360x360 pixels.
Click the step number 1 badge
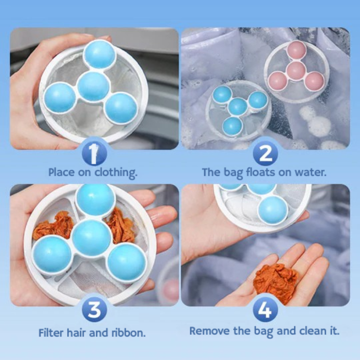pyautogui.click(x=94, y=154)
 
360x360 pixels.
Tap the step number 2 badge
pyautogui.click(x=265, y=154)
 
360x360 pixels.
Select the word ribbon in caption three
pyautogui.click(x=130, y=333)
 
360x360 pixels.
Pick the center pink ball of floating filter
pyautogui.click(x=296, y=70)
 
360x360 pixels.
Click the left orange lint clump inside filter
pyautogui.click(x=53, y=225)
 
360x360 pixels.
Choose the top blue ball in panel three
pyautogui.click(x=95, y=199)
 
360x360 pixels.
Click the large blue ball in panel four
pyautogui.click(x=273, y=210)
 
